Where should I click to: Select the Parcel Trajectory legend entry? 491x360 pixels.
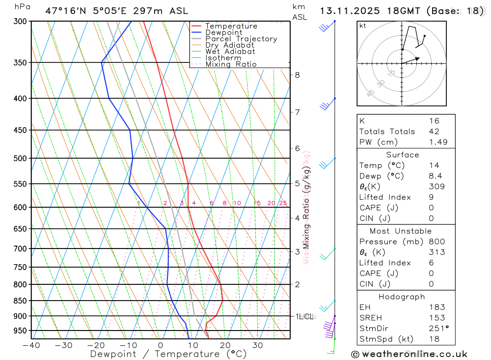coord(241,39)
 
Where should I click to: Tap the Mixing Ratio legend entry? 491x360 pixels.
coord(231,64)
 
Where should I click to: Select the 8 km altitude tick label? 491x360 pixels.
coord(297,75)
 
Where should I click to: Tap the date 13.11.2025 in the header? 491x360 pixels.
coord(347,11)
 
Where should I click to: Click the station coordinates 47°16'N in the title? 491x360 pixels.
coord(67,11)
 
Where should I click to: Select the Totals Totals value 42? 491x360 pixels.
coord(434,131)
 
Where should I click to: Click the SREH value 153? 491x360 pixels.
coord(436,318)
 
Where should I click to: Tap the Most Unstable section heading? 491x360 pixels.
coord(401,231)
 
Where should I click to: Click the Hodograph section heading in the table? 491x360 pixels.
coord(402,297)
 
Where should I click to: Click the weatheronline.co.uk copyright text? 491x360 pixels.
coord(409,354)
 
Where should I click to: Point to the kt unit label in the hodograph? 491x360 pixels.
coord(363,26)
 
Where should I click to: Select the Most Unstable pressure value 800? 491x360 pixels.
coord(436,241)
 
